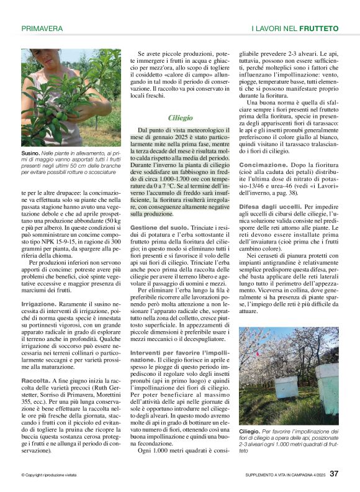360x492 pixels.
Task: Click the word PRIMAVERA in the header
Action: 42,29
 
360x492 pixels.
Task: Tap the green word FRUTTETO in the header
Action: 318,29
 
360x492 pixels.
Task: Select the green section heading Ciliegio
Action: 181,117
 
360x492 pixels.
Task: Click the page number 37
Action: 334,473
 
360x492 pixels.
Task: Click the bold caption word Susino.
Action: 30,152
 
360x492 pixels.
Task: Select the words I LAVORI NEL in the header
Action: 274,29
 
